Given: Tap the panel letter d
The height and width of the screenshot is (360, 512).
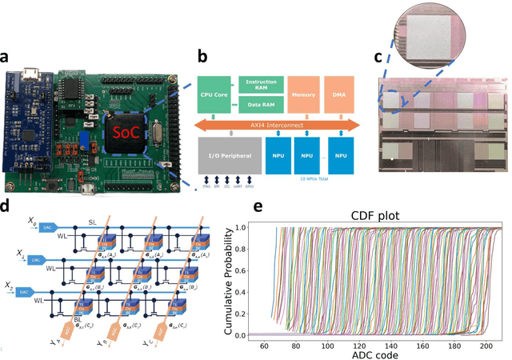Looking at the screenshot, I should point(6,207).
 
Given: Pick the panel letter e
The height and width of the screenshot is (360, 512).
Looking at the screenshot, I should point(258,207).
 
